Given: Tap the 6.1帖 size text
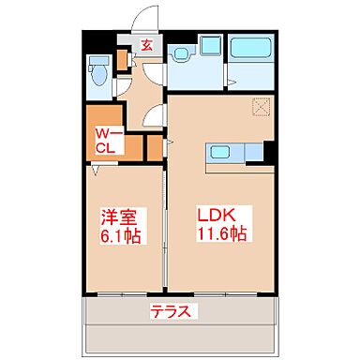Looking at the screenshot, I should coord(119,236).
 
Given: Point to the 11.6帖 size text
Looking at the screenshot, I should coord(223,235).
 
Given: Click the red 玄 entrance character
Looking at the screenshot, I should coord(147,45).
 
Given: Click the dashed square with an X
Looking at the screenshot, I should coord(260,107).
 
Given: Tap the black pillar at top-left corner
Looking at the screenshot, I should coord(90,42).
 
